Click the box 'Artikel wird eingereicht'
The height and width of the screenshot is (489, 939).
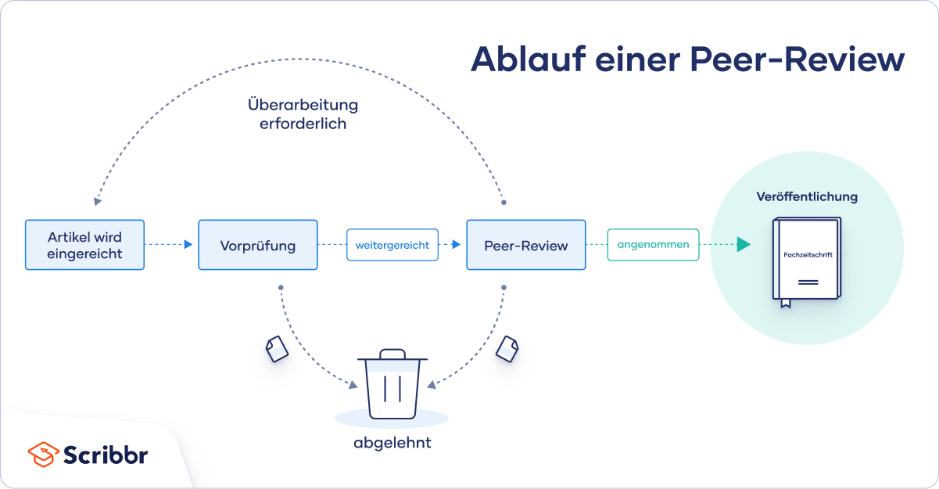[84, 245]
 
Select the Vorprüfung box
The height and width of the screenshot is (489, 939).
[258, 245]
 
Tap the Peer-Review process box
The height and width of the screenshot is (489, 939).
[526, 245]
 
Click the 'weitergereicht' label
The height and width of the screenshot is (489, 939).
[392, 245]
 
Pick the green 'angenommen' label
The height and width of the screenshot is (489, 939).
[653, 244]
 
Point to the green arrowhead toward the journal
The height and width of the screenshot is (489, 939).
[744, 244]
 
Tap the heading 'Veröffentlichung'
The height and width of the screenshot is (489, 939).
[807, 196]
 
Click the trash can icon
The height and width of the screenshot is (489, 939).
[392, 383]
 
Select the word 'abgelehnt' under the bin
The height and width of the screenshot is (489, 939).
[392, 443]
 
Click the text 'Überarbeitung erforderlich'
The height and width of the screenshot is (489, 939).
[303, 114]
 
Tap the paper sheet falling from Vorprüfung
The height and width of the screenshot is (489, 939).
[277, 349]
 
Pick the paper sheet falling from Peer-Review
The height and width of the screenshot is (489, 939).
[507, 349]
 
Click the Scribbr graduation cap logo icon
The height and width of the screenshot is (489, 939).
[43, 455]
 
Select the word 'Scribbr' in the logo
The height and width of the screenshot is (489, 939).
[106, 455]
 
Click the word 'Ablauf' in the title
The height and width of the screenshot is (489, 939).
[529, 59]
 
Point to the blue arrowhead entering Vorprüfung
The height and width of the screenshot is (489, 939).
[188, 244]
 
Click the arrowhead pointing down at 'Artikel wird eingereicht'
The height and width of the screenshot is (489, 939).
[97, 202]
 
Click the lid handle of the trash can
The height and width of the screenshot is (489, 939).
[392, 354]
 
